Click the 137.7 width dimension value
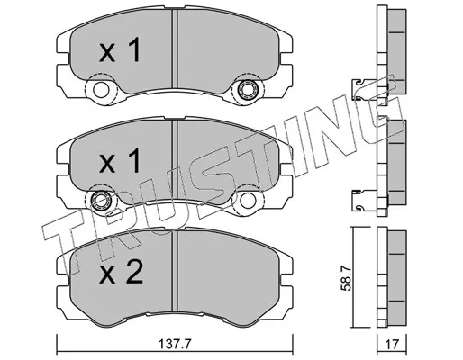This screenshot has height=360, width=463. coord(175,344)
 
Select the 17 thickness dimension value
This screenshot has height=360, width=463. coord(393,345)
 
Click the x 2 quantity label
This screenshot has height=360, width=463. coord(121,273)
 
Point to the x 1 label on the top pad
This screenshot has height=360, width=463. coord(120,49)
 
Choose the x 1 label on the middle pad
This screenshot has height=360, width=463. coord(120,160)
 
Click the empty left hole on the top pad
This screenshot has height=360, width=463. coord(101,90)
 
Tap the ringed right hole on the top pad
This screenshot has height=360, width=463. coord(248,89)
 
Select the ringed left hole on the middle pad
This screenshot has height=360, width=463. coord(101,201)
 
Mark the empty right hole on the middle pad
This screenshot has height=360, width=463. coord(248,201)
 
